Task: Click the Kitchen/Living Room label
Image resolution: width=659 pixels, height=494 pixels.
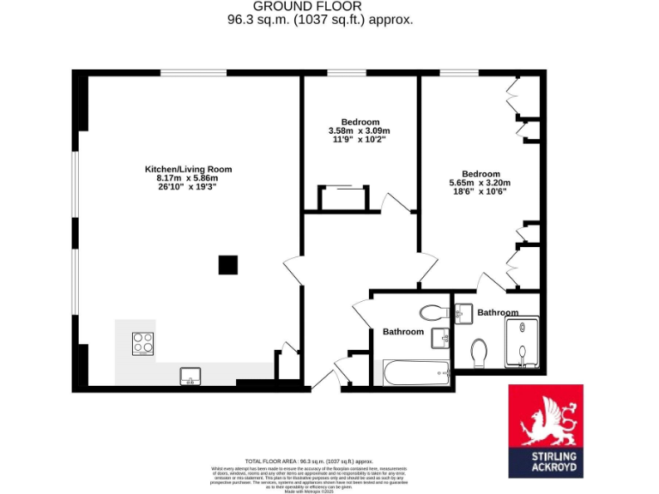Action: point(188,169)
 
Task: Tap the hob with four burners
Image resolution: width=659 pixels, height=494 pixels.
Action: point(142,344)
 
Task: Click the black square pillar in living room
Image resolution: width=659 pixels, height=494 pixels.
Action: point(227,265)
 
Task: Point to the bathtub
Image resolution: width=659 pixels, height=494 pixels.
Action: point(416,372)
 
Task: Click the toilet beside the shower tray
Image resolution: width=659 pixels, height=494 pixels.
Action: point(480,352)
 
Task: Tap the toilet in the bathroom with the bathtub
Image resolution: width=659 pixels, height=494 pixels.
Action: point(431,310)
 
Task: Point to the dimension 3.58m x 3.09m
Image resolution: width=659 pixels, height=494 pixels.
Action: point(360,130)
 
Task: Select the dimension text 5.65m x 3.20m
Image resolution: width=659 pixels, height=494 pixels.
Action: point(480,183)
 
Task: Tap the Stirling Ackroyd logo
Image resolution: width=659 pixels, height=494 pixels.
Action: point(546,431)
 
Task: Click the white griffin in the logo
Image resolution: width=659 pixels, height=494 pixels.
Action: point(546,419)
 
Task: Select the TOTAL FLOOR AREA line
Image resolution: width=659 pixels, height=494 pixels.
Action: point(309,461)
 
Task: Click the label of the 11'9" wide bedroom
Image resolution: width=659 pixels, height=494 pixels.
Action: point(360,122)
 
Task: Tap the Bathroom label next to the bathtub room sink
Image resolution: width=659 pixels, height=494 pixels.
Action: point(403,331)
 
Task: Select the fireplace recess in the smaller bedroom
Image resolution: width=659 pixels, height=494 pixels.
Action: point(343,198)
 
